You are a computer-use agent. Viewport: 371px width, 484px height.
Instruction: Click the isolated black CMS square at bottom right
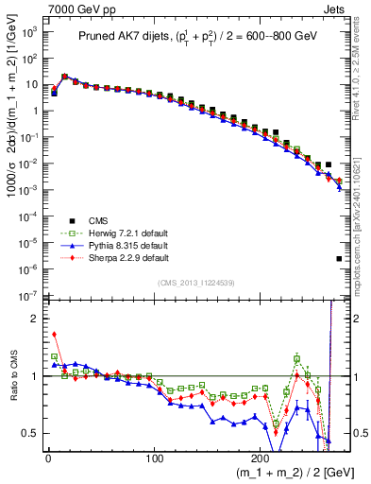tap(339, 258)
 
